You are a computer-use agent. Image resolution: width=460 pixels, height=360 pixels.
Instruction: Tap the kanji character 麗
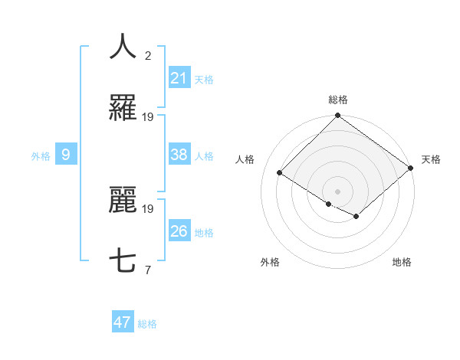123,201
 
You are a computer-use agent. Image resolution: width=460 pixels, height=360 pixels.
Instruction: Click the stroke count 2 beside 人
148,55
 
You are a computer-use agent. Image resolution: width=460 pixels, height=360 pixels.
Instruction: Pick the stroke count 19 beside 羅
148,117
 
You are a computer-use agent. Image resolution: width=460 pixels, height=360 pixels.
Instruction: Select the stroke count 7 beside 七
148,270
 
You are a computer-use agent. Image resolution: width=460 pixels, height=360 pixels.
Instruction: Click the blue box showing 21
179,78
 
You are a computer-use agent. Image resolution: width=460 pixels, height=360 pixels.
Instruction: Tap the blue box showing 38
179,155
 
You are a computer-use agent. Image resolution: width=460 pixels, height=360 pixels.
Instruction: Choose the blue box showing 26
179,231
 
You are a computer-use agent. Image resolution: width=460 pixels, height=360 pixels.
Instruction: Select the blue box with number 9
67,155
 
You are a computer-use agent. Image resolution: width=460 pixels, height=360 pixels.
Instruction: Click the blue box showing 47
122,322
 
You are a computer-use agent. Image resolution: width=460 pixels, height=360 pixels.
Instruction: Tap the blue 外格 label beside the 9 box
41,155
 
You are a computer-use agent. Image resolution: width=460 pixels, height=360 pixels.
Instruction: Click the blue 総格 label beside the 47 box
147,323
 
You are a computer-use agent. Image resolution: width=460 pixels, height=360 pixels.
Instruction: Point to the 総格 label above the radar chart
338,100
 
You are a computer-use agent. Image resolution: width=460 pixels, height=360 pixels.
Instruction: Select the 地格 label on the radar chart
402,262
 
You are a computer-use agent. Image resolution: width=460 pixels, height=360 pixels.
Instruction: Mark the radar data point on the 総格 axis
337,116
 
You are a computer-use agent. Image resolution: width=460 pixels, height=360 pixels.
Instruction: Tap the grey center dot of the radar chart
337,191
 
